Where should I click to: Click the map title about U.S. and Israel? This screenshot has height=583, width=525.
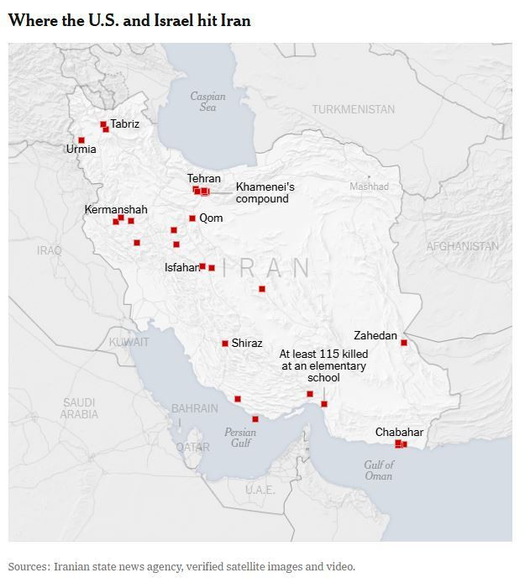(129, 20)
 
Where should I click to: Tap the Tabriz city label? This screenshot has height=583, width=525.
(125, 123)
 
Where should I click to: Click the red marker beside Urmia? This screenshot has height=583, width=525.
(81, 140)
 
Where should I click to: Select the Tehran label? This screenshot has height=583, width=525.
(204, 178)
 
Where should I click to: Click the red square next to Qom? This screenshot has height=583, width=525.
(192, 218)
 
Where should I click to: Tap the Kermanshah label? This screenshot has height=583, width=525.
(116, 209)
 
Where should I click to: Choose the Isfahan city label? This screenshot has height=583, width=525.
(181, 268)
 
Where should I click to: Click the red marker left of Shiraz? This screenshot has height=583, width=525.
(225, 344)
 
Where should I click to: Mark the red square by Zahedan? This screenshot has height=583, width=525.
(404, 343)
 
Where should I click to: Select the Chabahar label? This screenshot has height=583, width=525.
(399, 433)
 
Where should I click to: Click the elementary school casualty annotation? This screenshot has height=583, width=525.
(323, 366)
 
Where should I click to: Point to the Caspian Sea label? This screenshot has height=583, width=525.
(207, 102)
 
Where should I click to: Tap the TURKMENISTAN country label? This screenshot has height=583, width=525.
(353, 109)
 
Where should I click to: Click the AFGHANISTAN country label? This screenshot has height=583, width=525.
(462, 246)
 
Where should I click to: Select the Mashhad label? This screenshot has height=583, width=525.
(370, 186)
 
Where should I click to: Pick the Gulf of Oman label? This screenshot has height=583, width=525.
(379, 470)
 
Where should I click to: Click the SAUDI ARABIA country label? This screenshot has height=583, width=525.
(79, 408)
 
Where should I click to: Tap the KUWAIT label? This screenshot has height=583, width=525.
(129, 342)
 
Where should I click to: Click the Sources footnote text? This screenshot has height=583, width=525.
(181, 566)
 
